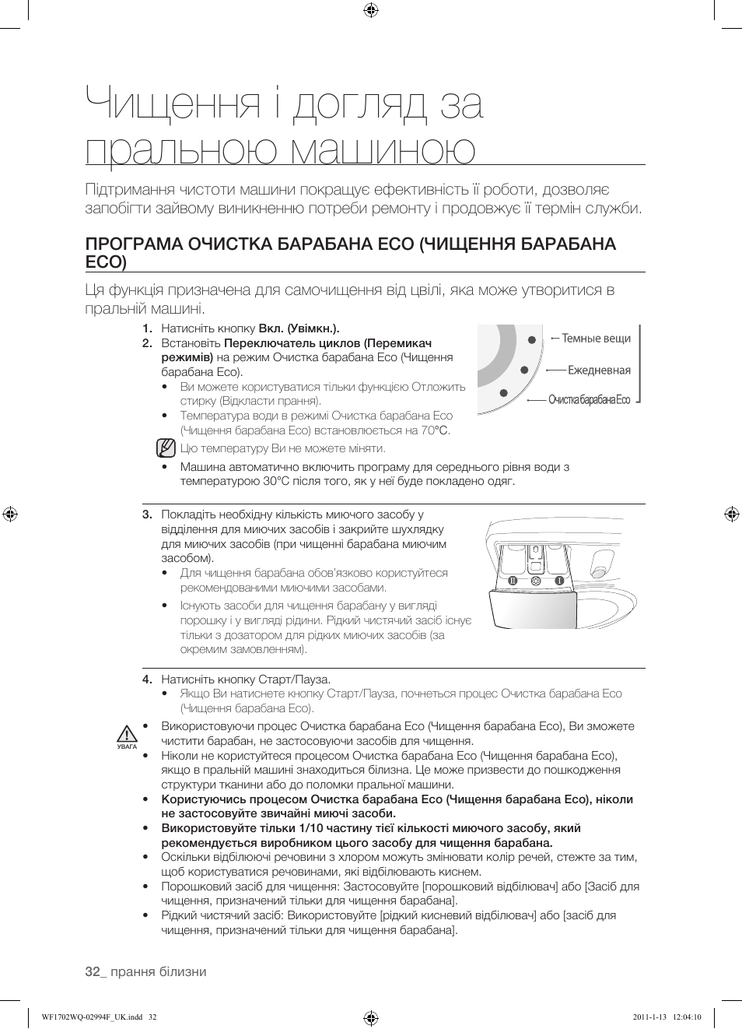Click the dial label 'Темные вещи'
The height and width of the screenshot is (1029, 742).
point(596,339)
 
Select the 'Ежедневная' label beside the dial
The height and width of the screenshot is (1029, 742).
point(599,371)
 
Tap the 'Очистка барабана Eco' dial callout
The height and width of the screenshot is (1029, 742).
point(589,400)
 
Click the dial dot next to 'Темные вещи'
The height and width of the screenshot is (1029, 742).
point(532,339)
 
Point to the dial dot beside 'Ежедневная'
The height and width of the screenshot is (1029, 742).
point(525,370)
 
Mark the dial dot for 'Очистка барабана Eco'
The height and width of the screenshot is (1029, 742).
point(504,393)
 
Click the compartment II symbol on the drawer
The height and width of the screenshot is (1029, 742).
point(513,581)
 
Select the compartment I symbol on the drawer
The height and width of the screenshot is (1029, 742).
point(558,581)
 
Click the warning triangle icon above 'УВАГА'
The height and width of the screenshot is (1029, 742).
point(128,733)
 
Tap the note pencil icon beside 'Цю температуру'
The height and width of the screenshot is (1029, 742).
point(165,448)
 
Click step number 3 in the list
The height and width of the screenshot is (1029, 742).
point(146,514)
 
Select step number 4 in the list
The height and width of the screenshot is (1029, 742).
point(146,680)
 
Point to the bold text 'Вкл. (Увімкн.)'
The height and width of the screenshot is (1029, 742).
point(299,328)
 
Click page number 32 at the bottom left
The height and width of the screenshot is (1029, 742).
point(93,971)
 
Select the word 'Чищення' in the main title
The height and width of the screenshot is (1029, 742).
point(173,104)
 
